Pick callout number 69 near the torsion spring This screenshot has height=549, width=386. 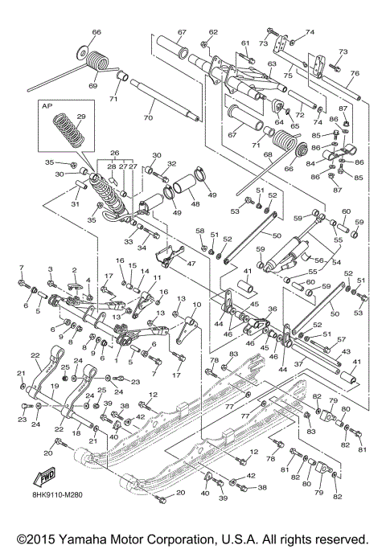tap(92, 84)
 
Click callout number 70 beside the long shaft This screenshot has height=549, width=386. tap(147, 118)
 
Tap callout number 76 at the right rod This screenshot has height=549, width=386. tap(355, 73)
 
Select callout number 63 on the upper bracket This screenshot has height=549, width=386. tap(272, 64)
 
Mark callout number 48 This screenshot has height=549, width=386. tap(195, 204)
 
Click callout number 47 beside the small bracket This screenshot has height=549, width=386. tap(191, 263)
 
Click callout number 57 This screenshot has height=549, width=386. tap(341, 339)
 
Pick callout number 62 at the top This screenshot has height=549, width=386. tap(213, 32)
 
